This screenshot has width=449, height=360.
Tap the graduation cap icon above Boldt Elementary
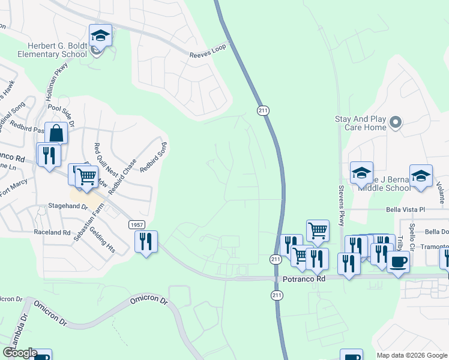point(100,35)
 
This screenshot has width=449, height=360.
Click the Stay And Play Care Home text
point(360,124)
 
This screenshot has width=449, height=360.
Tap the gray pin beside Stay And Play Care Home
point(395,124)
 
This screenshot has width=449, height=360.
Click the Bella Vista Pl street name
point(405,210)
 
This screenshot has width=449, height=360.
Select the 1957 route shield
point(136,224)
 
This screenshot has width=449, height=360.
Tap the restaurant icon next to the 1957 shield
point(146,242)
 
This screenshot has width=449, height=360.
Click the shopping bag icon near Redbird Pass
point(56,133)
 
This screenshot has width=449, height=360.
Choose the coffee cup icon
point(398,261)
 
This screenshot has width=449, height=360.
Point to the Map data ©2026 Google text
point(411,355)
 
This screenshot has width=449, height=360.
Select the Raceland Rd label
point(52,232)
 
